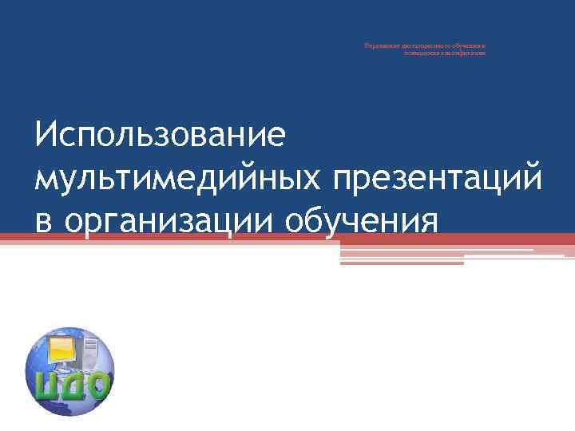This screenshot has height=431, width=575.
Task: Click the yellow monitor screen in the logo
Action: (x=63, y=349)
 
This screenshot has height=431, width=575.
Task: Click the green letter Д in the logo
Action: (x=73, y=386)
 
